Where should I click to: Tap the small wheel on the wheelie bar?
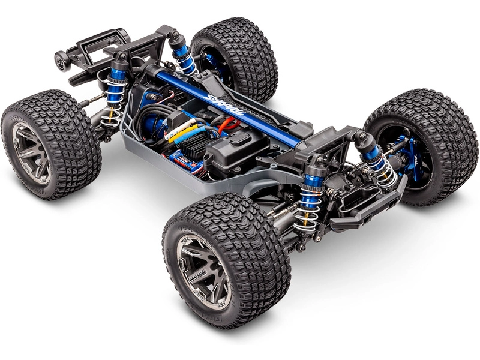point(61,61)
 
